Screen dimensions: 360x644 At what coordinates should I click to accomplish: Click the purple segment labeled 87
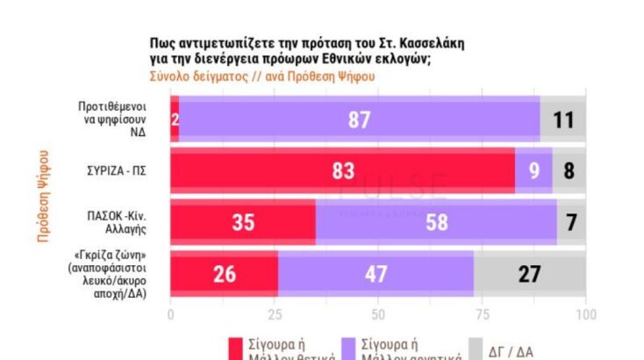click(359, 119)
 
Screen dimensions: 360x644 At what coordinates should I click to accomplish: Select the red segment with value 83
click(342, 171)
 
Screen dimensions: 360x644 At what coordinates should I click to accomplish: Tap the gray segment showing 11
click(563, 119)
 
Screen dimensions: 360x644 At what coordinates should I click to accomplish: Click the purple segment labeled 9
click(533, 171)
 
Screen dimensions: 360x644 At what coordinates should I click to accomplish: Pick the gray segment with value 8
click(569, 171)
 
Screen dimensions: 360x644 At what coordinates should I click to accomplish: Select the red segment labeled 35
click(243, 222)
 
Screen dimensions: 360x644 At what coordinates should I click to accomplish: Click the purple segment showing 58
click(436, 222)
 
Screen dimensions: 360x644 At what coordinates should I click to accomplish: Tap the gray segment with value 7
click(571, 222)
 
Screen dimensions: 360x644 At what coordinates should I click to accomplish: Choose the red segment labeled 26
click(224, 274)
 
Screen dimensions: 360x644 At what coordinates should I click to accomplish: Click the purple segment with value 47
click(376, 274)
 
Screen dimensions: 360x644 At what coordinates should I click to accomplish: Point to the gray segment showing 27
click(530, 274)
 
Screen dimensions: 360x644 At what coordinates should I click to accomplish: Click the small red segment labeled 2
click(175, 119)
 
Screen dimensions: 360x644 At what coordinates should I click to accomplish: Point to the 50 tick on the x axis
click(378, 313)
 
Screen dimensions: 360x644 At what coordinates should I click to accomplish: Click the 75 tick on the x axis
click(482, 313)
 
